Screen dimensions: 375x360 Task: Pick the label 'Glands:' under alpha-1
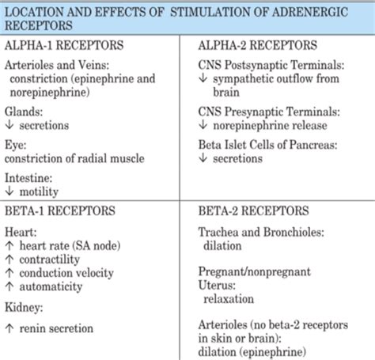pyautogui.click(x=24, y=112)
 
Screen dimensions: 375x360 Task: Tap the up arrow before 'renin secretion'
pyautogui.click(x=9, y=328)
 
